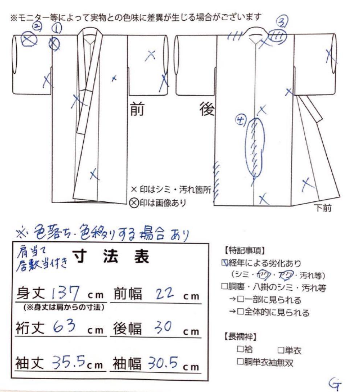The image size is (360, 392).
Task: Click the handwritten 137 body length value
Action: pos(66,292)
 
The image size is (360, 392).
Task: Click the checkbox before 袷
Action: pos(240,349)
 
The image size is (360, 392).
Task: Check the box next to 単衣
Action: pos(280,350)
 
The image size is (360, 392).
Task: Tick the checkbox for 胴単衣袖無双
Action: pos(240,362)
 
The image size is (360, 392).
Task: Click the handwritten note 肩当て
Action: pos(27,250)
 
